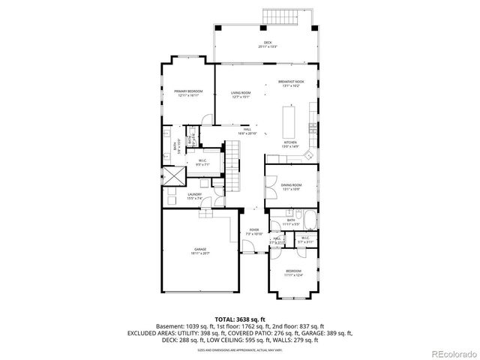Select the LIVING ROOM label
click(241, 94)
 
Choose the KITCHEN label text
click(290, 142)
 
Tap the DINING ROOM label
click(291, 185)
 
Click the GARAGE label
click(200, 250)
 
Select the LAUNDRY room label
click(194, 196)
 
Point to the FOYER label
click(254, 231)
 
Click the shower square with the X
click(172, 177)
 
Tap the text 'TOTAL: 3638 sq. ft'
click(239, 319)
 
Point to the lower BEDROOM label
click(293, 272)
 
